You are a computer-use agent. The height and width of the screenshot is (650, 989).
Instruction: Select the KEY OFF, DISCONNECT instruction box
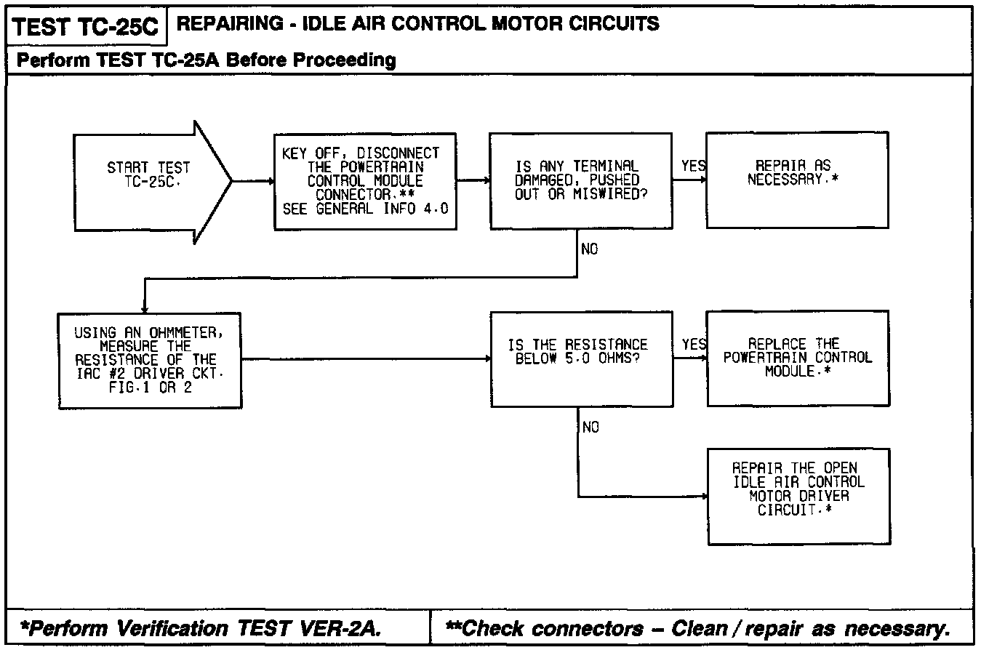[365, 181]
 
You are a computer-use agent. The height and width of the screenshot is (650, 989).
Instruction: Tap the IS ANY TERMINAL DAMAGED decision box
[580, 181]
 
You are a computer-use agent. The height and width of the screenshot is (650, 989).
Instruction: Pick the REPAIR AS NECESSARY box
[797, 181]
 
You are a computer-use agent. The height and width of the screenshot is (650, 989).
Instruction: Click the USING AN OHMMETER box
[150, 360]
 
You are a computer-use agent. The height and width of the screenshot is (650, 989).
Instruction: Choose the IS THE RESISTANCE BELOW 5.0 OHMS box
[580, 359]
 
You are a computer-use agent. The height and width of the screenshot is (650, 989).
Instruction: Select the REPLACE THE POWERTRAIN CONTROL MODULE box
[798, 358]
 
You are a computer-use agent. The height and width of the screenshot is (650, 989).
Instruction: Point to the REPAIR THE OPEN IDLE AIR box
[798, 497]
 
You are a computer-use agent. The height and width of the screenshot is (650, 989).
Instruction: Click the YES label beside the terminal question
[693, 166]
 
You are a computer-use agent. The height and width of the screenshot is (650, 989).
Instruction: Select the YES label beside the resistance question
[694, 345]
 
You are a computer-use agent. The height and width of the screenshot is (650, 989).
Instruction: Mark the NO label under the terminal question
[589, 249]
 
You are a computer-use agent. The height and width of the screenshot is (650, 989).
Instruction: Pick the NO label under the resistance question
[590, 428]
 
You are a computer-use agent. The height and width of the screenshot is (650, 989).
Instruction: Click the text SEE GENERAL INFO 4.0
[365, 209]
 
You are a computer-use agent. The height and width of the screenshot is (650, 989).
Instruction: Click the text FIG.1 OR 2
[150, 388]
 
